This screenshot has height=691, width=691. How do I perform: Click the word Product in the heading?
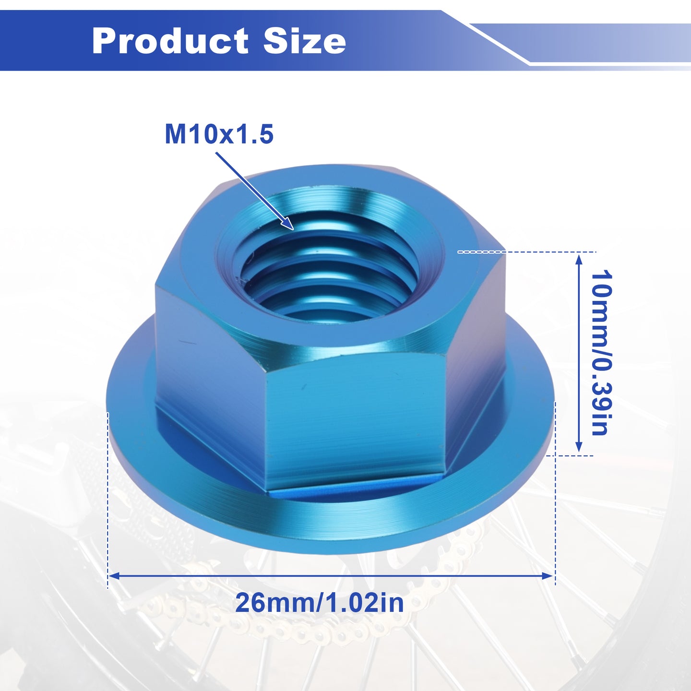click(x=170, y=41)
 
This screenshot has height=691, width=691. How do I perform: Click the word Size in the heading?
click(x=304, y=41)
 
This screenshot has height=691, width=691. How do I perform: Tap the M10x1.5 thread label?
click(x=219, y=134)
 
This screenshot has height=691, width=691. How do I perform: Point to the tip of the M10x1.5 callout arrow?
click(x=294, y=229)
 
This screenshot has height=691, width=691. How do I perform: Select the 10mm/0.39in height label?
click(x=601, y=353)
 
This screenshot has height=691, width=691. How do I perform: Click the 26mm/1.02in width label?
click(x=320, y=603)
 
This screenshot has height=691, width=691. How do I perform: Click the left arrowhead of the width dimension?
click(x=115, y=576)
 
